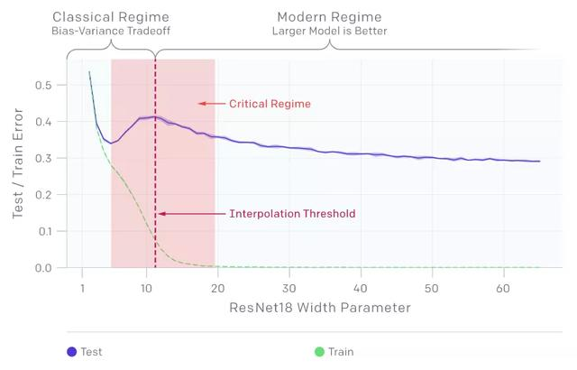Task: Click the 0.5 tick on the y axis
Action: coord(42,85)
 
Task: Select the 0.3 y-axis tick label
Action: coord(42,159)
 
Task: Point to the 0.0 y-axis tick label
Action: coord(42,268)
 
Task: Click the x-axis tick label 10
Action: coord(146,288)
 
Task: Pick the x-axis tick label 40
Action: coord(360,288)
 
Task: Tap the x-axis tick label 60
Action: coord(502,288)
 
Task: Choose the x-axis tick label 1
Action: coord(82,288)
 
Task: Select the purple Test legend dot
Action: coord(71,352)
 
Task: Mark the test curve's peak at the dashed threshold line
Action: coord(155,116)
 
